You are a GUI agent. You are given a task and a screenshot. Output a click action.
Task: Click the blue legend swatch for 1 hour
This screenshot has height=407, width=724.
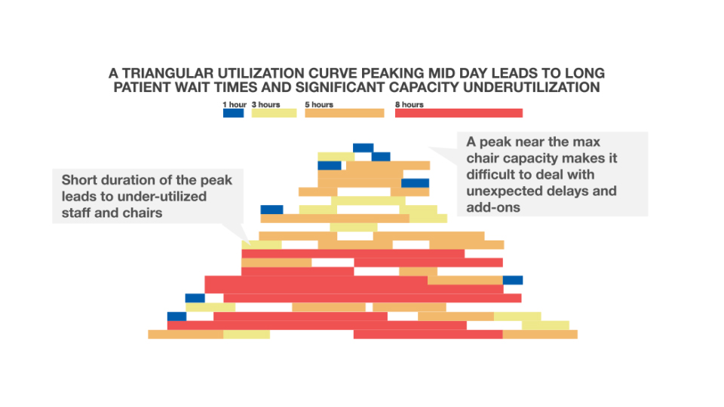point(233,113)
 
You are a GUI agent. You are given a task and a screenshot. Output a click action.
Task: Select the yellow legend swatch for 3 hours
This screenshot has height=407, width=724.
point(274,113)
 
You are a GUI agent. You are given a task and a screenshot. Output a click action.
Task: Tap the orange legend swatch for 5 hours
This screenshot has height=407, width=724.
point(344,113)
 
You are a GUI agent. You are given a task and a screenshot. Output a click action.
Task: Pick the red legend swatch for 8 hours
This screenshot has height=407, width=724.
point(459,113)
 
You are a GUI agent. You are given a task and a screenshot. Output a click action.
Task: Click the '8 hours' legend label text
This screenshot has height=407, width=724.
point(409,105)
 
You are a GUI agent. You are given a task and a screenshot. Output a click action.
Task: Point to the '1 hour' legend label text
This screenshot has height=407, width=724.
point(234,105)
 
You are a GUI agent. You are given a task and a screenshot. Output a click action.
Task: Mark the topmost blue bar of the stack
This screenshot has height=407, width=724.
point(363,148)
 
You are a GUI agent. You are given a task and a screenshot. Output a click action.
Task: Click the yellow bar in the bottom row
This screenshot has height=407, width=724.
point(246,334)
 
